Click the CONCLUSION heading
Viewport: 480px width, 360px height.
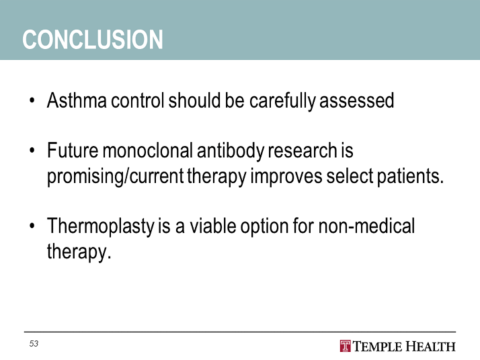click(x=93, y=40)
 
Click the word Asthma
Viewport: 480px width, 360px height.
click(x=77, y=100)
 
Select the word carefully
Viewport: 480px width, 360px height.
click(x=282, y=102)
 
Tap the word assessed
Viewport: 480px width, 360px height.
click(x=356, y=100)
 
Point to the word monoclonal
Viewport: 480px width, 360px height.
click(x=147, y=151)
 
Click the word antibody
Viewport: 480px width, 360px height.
click(x=231, y=151)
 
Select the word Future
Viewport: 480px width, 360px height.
click(x=73, y=151)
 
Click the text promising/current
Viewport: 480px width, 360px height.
click(x=115, y=177)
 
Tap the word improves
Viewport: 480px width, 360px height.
click(x=286, y=177)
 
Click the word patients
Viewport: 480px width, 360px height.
click(x=410, y=176)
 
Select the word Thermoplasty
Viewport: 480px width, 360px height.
click(x=101, y=227)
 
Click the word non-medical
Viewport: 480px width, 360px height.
click(x=367, y=226)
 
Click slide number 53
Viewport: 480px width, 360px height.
click(x=34, y=343)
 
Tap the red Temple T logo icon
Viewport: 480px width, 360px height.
click(x=346, y=347)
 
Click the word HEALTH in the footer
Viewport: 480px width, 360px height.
click(x=430, y=347)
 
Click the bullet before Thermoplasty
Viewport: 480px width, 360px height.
click(x=32, y=226)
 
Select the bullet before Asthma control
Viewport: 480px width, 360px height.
click(x=32, y=100)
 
